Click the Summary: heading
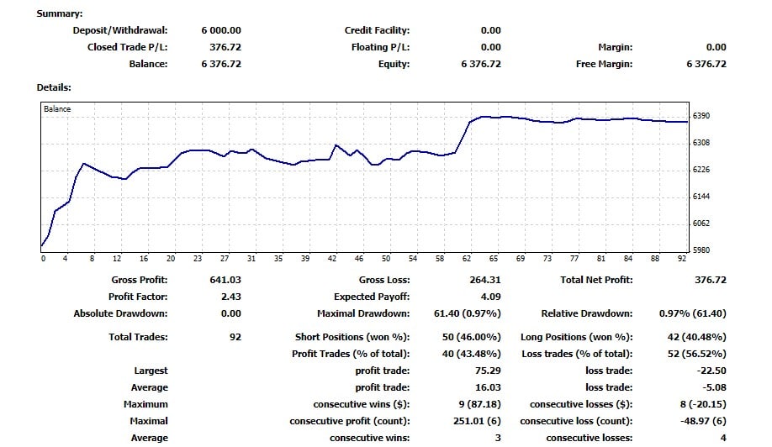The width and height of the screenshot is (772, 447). tap(60, 13)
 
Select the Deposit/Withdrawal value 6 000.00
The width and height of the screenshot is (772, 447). tap(221, 30)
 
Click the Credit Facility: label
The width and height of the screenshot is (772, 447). tap(378, 30)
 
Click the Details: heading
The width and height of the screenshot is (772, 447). tap(54, 87)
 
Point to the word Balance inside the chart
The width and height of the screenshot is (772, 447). tap(57, 109)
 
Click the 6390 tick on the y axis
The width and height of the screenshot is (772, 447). tap(701, 116)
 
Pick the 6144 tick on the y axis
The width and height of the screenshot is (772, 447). tap(701, 197)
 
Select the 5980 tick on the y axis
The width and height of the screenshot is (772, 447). tap(701, 250)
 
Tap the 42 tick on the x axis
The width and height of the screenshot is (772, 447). tap(332, 259)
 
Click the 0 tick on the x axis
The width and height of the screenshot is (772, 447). tap(43, 259)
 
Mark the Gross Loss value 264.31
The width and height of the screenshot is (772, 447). tap(484, 280)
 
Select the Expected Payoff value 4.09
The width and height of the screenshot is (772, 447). tap(490, 297)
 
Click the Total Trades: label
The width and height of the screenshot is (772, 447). tap(138, 337)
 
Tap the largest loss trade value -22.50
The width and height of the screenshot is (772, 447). tap(708, 371)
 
